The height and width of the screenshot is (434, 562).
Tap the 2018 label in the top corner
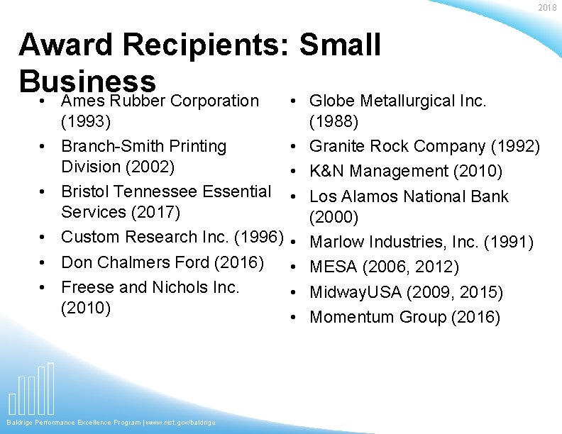click(547, 7)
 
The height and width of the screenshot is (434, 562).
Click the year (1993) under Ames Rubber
click(86, 121)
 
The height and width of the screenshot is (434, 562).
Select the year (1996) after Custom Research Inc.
click(258, 237)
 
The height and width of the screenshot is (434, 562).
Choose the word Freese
click(87, 287)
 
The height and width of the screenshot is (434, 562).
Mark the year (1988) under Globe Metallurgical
click(334, 121)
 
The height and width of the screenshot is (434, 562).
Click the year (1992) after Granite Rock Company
click(515, 147)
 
